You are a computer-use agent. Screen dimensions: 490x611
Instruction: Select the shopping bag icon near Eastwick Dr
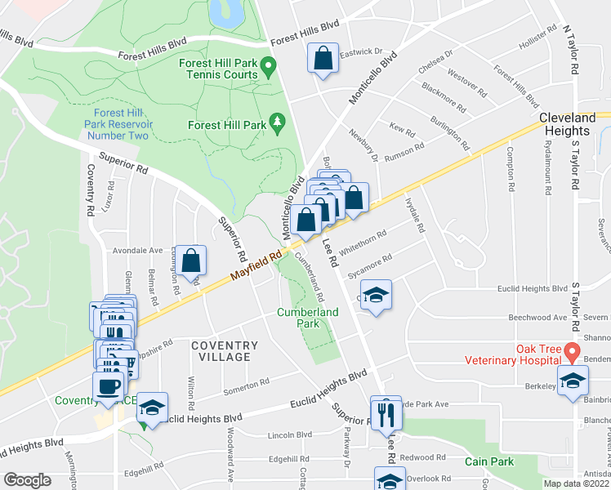pos(323,59)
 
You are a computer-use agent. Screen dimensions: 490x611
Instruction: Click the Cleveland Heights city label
pos(564,124)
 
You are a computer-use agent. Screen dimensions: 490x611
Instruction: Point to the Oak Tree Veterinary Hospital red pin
pos(572,353)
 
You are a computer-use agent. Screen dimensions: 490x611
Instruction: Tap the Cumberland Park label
pos(307,318)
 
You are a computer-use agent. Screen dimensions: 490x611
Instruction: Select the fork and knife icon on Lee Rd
pos(386,413)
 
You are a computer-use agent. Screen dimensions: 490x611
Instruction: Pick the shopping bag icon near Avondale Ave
pos(191,261)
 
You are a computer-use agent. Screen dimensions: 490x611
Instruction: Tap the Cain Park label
pos(489,461)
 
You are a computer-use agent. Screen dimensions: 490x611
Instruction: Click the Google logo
pos(27,480)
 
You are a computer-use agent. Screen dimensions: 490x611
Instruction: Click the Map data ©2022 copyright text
pos(577,483)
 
